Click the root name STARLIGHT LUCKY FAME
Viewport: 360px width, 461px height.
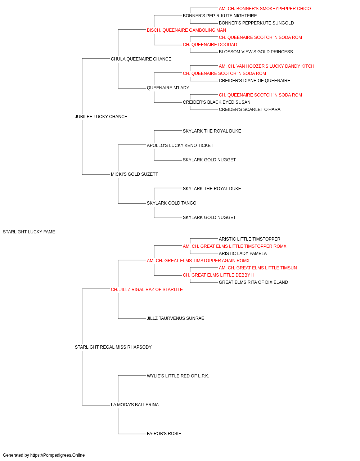pos(29,232)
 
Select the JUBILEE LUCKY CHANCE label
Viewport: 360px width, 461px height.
pos(101,117)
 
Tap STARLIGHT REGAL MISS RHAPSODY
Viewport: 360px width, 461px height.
pos(113,347)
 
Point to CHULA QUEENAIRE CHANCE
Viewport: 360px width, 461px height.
pos(141,59)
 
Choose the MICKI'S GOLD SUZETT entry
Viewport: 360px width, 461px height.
pos(134,174)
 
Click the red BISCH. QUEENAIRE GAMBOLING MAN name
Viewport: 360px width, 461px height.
pos(186,30)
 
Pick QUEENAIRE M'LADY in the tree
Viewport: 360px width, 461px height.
pos(168,88)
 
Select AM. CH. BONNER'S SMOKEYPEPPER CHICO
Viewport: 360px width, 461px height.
pos(265,9)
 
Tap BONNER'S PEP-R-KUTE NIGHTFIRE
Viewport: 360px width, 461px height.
pos(220,16)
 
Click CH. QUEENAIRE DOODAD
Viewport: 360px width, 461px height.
pos(210,45)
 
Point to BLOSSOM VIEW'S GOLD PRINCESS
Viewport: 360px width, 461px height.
pos(256,52)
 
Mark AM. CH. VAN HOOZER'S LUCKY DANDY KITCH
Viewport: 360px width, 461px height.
pos(266,66)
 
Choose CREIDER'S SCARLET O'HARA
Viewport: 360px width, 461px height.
pos(249,109)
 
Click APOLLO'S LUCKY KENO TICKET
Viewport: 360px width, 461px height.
pos(180,145)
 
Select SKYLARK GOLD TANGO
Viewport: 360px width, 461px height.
pos(171,203)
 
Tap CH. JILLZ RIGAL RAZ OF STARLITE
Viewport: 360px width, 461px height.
pos(147,290)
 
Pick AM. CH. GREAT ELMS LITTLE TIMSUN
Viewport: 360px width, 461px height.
pos(258,268)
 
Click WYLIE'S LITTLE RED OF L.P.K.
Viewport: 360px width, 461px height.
pos(178,376)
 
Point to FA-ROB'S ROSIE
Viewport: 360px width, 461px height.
pos(164,434)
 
